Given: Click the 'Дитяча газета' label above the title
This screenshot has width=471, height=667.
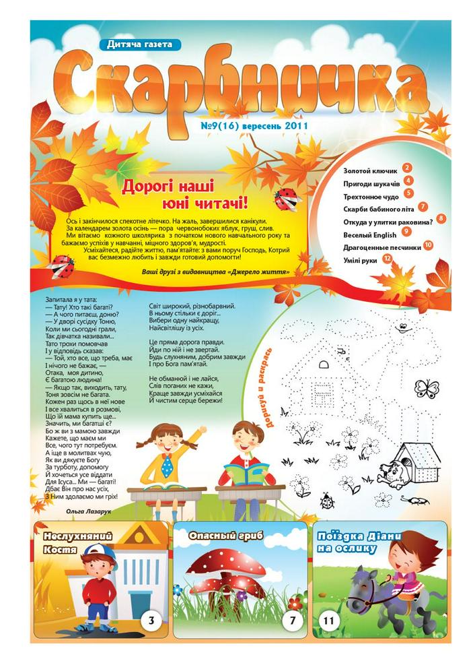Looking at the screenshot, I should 144,44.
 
